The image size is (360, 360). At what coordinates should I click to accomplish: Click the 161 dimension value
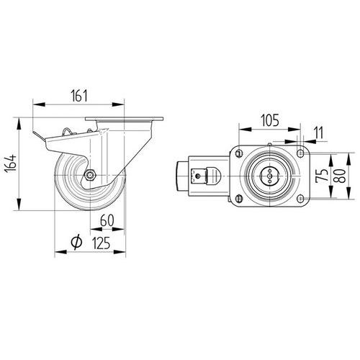point(79,96)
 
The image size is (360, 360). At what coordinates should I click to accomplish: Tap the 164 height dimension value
point(11,163)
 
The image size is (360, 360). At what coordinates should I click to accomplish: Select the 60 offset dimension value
point(107,220)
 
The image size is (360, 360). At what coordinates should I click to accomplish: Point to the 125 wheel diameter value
point(101,243)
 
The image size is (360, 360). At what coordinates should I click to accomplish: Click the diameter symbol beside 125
point(76,242)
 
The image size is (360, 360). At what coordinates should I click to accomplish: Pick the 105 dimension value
point(270,120)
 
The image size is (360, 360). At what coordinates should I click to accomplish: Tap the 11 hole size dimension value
point(319,132)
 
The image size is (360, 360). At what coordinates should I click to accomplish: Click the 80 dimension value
point(340,176)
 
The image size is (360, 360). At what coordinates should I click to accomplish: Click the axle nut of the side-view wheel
point(90,176)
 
